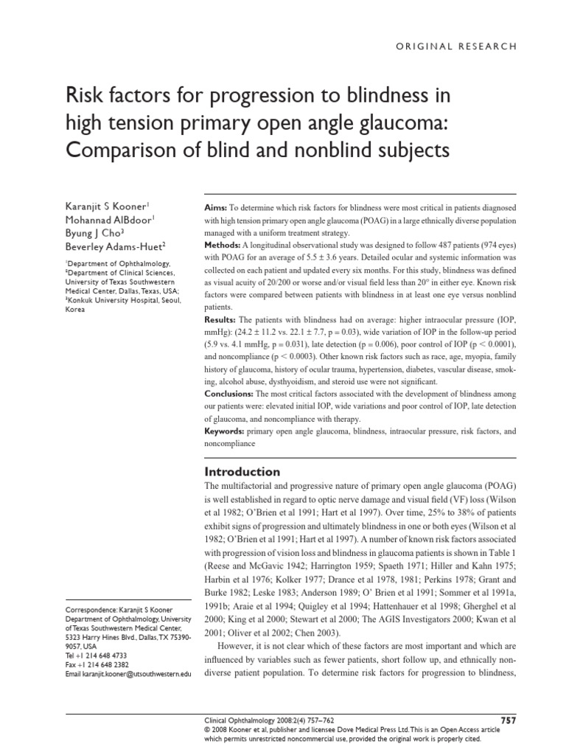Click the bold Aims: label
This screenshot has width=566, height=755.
click(x=216, y=209)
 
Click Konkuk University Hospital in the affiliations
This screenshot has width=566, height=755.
click(x=119, y=300)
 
